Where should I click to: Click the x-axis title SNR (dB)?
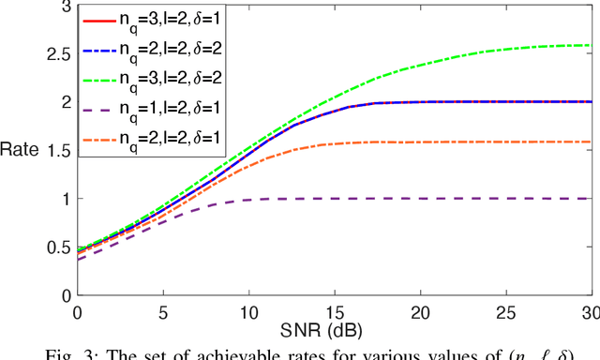tap(334, 331)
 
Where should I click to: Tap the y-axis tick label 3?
tap(65, 6)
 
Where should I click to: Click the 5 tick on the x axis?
tap(163, 310)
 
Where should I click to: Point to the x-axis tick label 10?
tap(248, 310)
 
